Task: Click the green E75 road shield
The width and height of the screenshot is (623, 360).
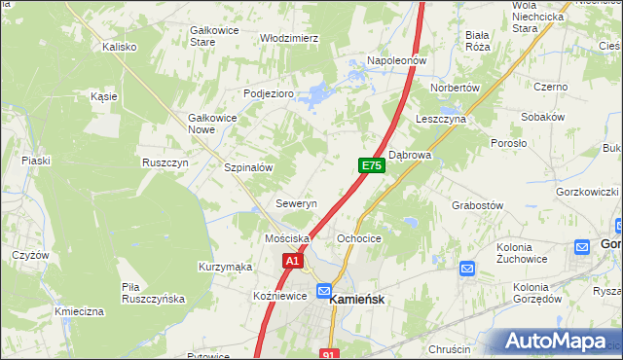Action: tap(371, 166)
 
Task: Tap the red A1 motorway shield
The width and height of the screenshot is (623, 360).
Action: tap(294, 261)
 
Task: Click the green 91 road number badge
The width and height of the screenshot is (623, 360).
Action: tap(330, 354)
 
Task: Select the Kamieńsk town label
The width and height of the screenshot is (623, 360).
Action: tap(361, 301)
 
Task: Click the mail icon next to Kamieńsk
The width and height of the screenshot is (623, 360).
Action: tap(324, 291)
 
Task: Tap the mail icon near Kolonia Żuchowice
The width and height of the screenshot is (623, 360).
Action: tap(466, 269)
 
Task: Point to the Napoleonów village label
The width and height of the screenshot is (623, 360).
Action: tap(397, 60)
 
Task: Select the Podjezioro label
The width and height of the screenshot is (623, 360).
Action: tap(269, 93)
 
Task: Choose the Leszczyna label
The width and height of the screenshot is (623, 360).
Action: tap(441, 119)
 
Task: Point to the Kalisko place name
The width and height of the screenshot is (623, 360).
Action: tap(121, 46)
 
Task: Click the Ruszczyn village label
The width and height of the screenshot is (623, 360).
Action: tap(165, 162)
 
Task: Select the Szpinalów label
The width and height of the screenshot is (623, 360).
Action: tap(248, 167)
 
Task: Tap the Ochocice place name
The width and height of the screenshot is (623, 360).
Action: tap(358, 238)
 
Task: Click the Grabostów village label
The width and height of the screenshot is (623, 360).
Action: tap(477, 205)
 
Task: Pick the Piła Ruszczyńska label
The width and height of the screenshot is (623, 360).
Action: tap(153, 293)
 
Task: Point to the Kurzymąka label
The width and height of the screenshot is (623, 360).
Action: tap(225, 267)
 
